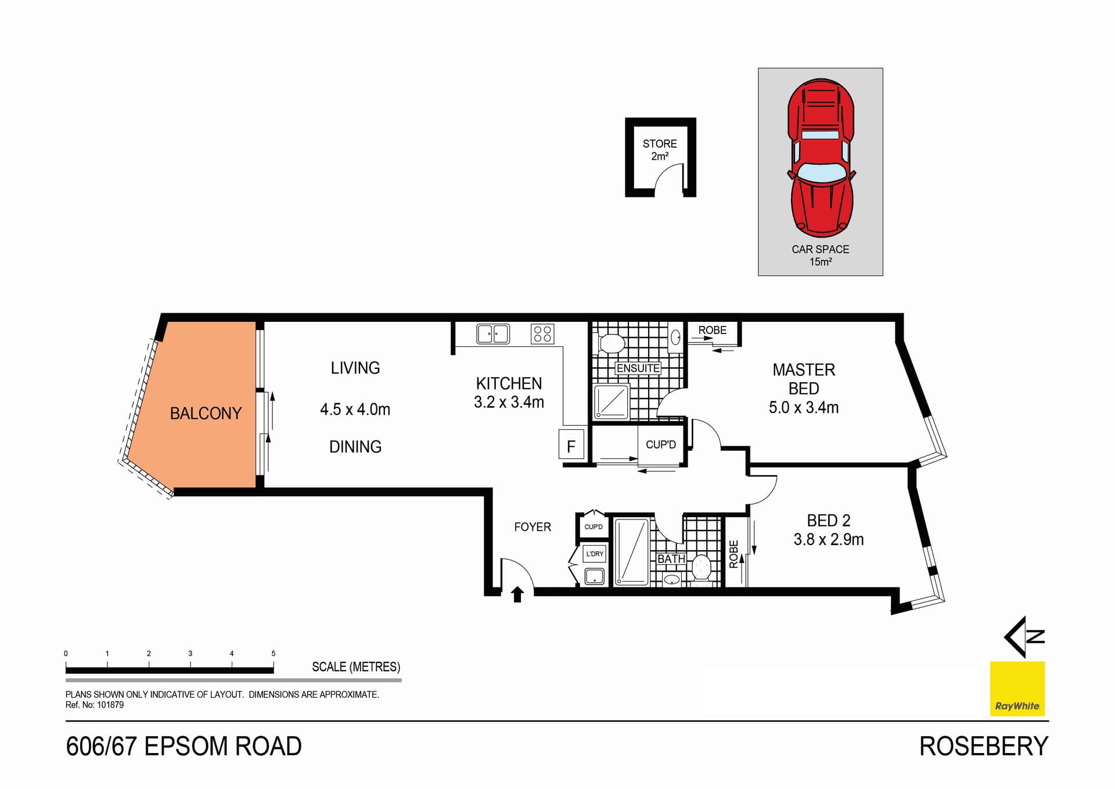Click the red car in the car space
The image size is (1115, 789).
[821, 158]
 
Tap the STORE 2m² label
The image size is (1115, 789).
[660, 149]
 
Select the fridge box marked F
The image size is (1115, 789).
[571, 446]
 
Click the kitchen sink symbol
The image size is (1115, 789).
[492, 334]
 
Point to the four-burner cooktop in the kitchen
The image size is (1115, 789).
[542, 334]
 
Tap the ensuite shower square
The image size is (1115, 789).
[612, 401]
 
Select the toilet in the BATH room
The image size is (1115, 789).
[702, 568]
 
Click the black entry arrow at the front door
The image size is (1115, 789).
[517, 594]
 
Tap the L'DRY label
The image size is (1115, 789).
[595, 554]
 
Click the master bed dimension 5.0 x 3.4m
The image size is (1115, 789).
[803, 408]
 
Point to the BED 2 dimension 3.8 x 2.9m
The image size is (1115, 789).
[828, 540]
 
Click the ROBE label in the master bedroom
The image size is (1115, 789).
[712, 330]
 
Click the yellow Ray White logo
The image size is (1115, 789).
[1017, 688]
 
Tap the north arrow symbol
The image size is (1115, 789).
[1024, 637]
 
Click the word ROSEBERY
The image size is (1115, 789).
[983, 747]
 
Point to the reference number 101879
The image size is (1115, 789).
[110, 705]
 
